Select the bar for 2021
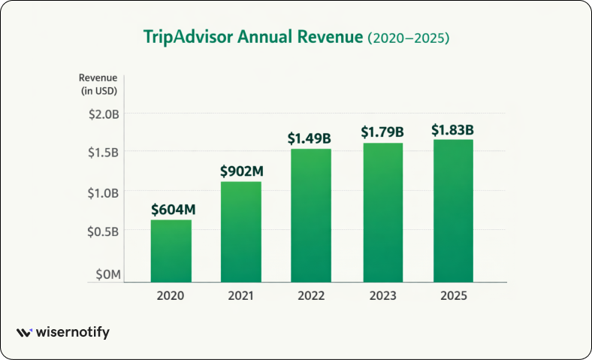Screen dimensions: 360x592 [x=241, y=231]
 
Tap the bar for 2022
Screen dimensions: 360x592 [x=310, y=215]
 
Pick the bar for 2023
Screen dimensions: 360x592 [x=382, y=212]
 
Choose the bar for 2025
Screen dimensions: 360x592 [x=452, y=210]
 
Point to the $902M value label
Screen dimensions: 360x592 [x=241, y=171]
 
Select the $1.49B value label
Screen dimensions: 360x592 [x=310, y=138]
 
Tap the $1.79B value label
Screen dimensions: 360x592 [x=382, y=132]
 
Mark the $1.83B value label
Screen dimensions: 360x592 [x=452, y=129]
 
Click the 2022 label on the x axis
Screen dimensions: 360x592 [x=310, y=295]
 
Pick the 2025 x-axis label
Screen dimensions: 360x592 [x=452, y=295]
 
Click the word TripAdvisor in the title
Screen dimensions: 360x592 [x=189, y=38]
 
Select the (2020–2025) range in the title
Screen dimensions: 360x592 [x=408, y=38]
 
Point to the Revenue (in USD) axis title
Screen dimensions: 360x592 [x=99, y=83]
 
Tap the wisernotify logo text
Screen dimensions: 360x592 [x=74, y=332]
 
